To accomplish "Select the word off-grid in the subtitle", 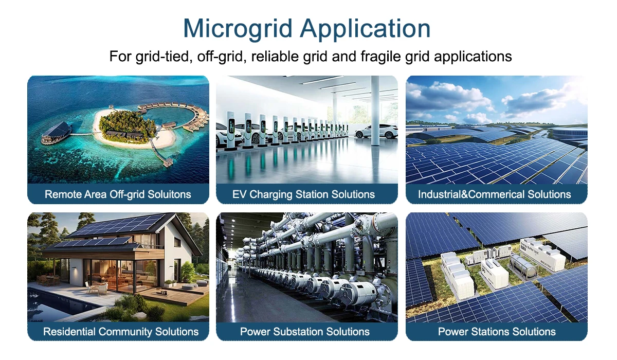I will (216, 56).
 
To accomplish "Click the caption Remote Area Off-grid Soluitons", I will (118, 194).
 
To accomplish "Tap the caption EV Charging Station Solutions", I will (303, 194).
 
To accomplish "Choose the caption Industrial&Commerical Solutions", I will (494, 194).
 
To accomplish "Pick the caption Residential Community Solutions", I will (121, 332).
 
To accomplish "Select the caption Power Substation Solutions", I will (305, 332).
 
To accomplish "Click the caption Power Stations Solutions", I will (497, 332).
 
